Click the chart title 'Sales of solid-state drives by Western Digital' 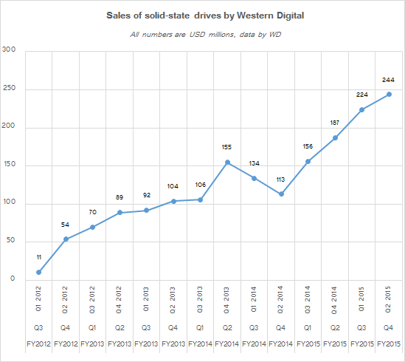205,16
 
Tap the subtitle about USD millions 205,35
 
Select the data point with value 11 39,272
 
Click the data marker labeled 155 227,163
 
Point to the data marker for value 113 282,194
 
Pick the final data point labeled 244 389,95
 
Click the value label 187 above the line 334,123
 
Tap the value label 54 65,225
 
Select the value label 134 255,163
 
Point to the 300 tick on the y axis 9,49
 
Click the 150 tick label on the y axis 9,164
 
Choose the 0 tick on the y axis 13,279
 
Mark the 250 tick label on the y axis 9,88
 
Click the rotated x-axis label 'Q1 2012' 38,299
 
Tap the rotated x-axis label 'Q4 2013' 226,300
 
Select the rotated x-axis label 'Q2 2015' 388,299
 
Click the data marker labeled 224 362,110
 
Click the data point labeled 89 120,213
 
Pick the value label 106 201,185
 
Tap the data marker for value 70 92,228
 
